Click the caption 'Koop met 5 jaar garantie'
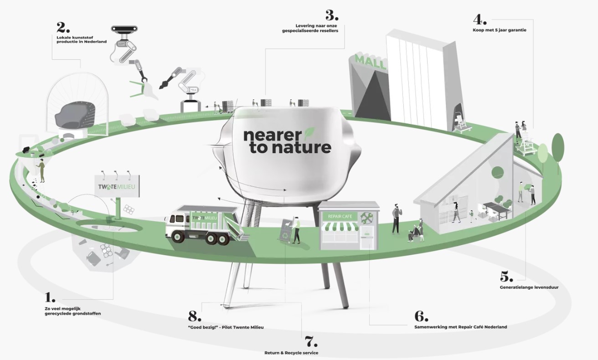pyautogui.click(x=500, y=31)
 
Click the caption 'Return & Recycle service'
pyautogui.click(x=291, y=353)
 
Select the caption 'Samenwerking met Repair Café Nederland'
pyautogui.click(x=460, y=327)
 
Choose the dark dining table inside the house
pyautogui.click(x=496, y=207)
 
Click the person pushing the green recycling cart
pyautogui.click(x=296, y=230)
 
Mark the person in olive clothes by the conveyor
pyautogui.click(x=41, y=170)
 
